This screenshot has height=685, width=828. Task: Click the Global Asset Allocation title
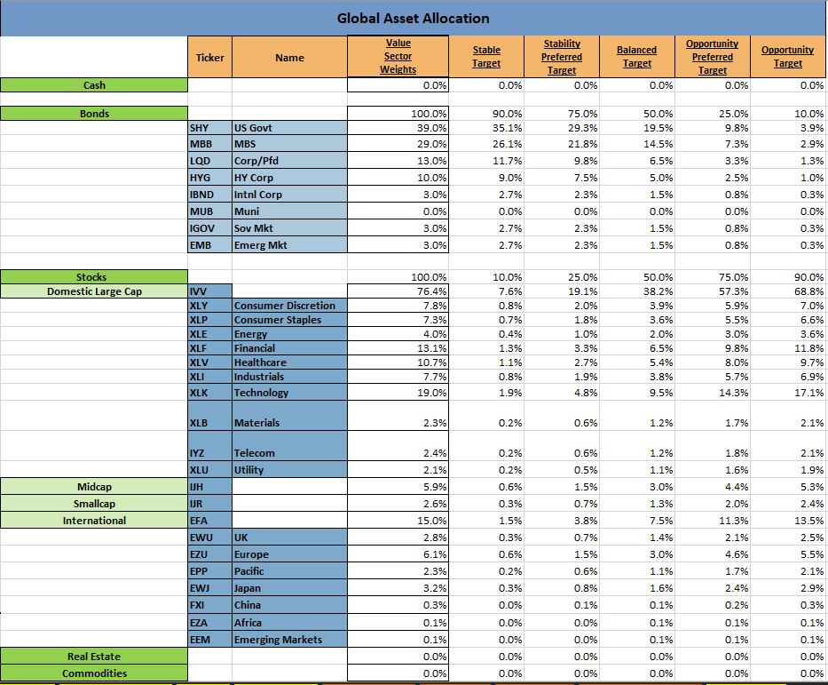coord(413,18)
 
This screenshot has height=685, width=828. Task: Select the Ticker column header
coord(209,58)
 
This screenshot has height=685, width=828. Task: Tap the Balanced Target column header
coord(636,57)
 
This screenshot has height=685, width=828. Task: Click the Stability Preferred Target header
coord(562,57)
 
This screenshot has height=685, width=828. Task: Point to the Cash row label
coord(94,85)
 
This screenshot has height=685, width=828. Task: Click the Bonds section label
coord(94,114)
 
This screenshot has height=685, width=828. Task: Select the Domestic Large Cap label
coord(94,291)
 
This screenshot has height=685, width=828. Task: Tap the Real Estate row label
coord(94,657)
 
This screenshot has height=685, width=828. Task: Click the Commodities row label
coord(94,673)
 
